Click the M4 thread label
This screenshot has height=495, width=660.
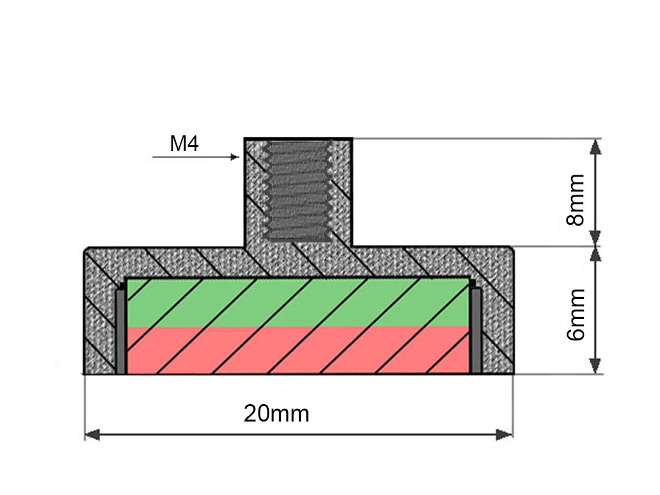tap(184, 144)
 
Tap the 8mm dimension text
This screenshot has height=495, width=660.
tap(574, 199)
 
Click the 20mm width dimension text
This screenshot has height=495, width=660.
tap(277, 414)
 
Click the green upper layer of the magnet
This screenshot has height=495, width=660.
tap(296, 302)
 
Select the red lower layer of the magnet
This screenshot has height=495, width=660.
tap(296, 351)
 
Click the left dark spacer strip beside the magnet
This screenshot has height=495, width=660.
tap(121, 330)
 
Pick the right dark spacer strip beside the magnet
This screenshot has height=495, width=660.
tap(476, 330)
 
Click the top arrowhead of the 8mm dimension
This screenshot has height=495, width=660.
tap(596, 147)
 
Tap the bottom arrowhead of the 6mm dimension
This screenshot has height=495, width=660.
tap(596, 365)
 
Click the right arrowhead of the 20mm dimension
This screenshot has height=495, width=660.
tap(505, 435)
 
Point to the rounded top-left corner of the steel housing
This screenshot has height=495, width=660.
tap(89, 251)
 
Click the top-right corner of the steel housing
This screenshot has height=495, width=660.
tap(510, 251)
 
